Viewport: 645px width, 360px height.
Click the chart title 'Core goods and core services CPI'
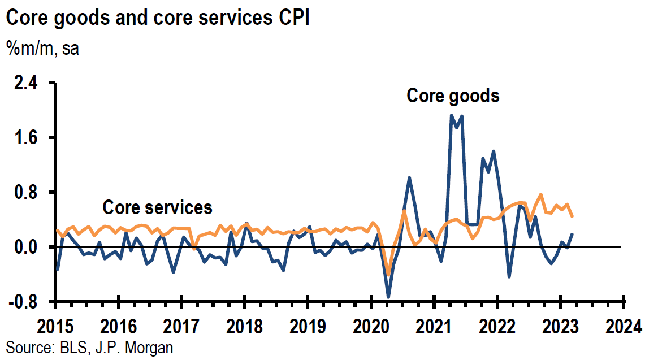tap(158, 18)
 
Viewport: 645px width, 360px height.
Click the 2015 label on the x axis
tap(55, 326)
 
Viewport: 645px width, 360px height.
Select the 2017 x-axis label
tap(181, 326)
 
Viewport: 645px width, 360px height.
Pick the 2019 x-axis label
tap(308, 326)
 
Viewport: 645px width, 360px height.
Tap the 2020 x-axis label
tap(371, 326)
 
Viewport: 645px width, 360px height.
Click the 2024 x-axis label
tap(622, 326)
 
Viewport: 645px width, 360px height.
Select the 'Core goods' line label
tap(453, 96)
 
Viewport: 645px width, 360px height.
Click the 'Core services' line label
tap(157, 207)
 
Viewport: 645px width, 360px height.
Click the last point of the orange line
tap(572, 216)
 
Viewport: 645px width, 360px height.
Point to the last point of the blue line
tap(572, 234)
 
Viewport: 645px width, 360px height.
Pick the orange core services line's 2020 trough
tap(388, 275)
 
